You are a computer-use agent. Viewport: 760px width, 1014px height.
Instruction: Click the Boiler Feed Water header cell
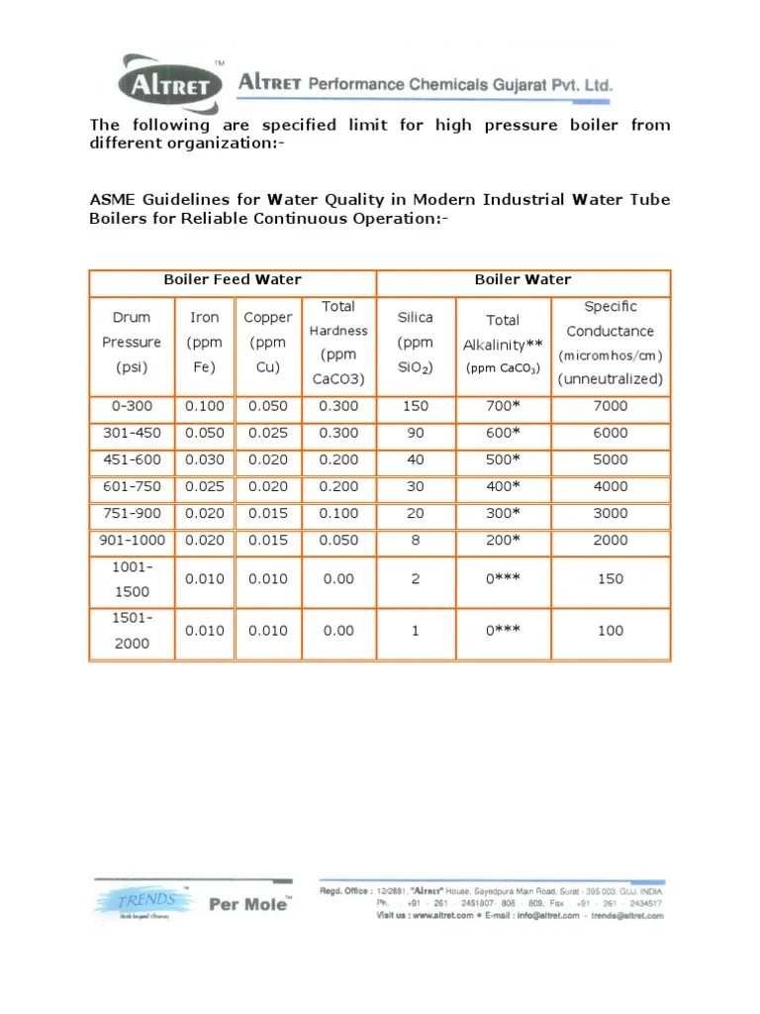233,280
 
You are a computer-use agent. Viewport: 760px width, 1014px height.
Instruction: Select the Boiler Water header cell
522,280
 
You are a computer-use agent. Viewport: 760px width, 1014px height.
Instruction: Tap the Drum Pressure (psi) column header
132,343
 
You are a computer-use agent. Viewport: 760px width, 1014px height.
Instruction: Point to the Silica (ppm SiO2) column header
415,343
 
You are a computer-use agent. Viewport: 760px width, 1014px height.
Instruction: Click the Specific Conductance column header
611,343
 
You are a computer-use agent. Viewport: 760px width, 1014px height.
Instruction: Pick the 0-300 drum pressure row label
132,406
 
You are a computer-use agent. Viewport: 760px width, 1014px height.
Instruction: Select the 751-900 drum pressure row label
132,513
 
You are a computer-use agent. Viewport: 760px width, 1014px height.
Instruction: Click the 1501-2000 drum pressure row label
132,631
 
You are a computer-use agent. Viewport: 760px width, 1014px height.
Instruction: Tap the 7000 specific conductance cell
611,406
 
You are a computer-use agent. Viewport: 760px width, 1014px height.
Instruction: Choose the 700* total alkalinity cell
503,406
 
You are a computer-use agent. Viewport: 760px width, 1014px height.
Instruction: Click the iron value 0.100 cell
205,406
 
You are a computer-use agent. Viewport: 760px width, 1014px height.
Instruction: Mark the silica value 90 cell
416,433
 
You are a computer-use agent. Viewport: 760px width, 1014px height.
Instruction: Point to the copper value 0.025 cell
268,433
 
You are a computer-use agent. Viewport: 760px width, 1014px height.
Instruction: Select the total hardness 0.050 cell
338,540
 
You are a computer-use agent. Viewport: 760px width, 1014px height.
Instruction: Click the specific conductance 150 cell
611,579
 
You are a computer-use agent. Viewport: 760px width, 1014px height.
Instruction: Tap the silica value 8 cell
416,540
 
